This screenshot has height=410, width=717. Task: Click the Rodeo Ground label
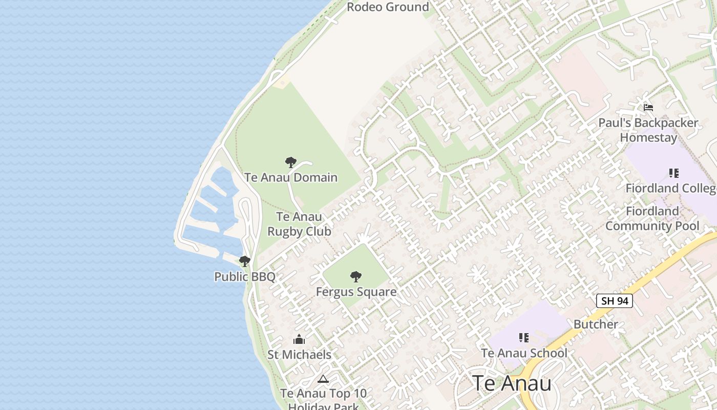(388, 7)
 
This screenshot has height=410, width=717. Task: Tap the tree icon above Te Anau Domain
(291, 163)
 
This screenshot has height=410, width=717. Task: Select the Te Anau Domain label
(291, 178)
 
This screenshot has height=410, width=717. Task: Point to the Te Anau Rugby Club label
(300, 224)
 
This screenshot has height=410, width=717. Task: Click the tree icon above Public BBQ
(245, 261)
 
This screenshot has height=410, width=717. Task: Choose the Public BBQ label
(245, 277)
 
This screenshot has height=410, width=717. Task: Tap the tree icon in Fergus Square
(356, 277)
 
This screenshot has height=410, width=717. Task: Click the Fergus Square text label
(356, 292)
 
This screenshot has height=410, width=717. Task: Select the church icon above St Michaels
(299, 339)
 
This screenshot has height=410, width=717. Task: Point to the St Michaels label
(299, 355)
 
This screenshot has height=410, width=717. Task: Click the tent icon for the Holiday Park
(323, 379)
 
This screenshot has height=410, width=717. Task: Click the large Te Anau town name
(512, 383)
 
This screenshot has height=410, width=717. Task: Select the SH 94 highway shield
(615, 301)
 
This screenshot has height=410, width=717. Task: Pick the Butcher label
(596, 324)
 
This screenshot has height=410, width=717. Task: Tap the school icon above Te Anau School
(524, 338)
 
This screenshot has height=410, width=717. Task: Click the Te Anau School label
(524, 353)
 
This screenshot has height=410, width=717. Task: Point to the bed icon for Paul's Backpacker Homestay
(648, 108)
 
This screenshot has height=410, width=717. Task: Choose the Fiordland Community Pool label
(652, 218)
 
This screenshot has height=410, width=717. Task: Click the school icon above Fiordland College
(673, 173)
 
